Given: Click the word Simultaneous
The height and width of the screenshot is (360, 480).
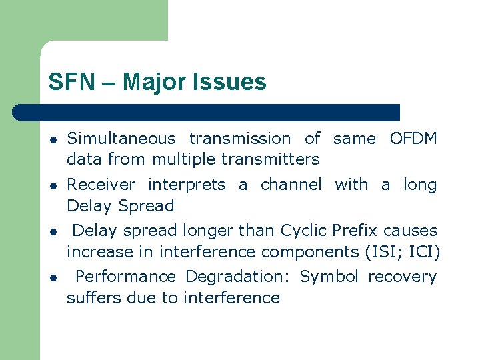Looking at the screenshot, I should pos(121,139).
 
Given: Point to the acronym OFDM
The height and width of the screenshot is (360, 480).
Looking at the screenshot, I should pos(413,139).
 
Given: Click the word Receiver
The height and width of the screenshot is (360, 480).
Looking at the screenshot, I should pos(101,185).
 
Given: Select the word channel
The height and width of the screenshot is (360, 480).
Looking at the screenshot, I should pos(291,185).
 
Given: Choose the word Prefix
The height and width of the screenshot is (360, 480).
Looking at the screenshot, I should pos(354,231).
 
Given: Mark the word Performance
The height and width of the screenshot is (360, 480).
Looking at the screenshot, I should pos(126,277).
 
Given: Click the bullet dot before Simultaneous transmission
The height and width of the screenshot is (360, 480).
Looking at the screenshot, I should pos(51,140).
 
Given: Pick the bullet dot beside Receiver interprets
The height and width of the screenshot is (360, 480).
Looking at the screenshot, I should pos(51,186).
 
